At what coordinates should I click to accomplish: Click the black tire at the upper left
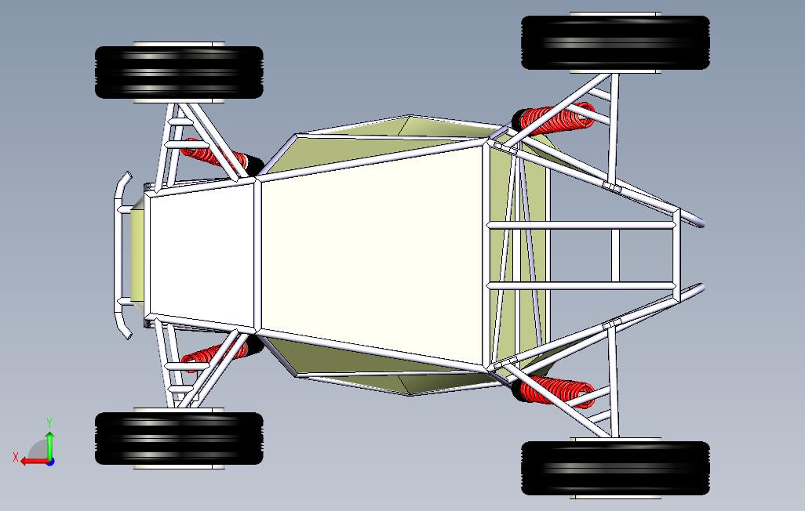[179, 73]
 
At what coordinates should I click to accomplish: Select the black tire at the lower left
[179, 439]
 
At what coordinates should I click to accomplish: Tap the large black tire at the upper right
[615, 42]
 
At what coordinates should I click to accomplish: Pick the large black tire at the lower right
[615, 468]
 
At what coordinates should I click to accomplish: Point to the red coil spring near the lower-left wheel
[210, 357]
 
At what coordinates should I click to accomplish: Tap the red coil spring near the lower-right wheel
[559, 390]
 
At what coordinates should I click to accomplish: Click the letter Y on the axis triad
[49, 423]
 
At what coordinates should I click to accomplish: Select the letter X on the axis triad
[16, 456]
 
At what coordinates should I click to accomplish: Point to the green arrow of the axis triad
[49, 443]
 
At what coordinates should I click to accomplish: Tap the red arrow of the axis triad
[31, 462]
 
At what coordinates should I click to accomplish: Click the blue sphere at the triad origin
[49, 462]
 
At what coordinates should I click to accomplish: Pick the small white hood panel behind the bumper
[200, 255]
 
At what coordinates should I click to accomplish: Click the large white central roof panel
[373, 255]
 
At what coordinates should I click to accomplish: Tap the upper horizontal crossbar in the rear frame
[581, 226]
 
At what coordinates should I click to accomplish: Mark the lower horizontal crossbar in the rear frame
[581, 284]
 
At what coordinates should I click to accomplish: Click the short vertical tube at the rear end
[676, 255]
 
